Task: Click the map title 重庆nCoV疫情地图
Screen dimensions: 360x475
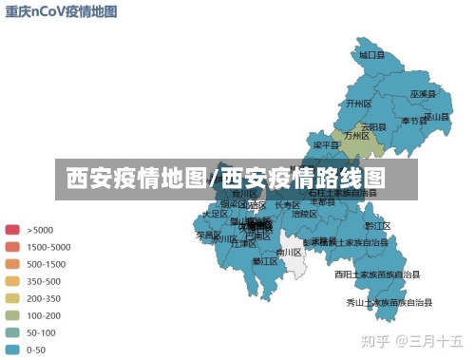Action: (61, 11)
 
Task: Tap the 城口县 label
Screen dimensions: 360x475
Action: (371, 56)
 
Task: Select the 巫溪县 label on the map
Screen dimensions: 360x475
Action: (422, 95)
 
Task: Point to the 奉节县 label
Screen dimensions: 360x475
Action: (413, 121)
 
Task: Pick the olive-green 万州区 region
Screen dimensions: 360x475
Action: (366, 139)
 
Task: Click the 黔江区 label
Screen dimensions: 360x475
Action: (378, 226)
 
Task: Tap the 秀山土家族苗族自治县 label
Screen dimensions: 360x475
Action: (389, 303)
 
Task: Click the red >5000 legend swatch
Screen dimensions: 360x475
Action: (12, 229)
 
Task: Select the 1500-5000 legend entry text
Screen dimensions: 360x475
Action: (47, 247)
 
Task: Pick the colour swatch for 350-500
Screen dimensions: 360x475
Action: (12, 281)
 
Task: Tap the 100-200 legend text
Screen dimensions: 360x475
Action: (44, 315)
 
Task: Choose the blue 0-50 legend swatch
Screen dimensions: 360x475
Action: (12, 351)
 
